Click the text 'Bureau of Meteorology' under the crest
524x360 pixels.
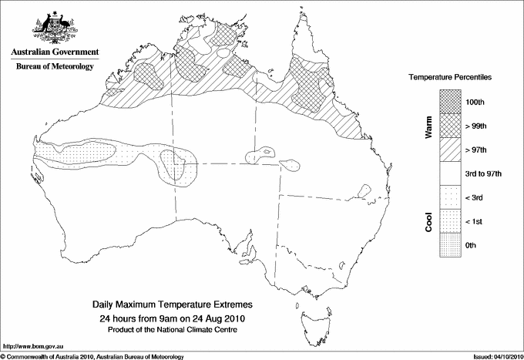coord(55,66)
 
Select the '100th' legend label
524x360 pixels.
coord(475,102)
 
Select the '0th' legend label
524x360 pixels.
coord(472,245)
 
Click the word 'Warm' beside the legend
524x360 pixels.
coord(429,126)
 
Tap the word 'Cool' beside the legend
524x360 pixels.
coord(429,221)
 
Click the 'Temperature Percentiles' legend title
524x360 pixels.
coord(451,78)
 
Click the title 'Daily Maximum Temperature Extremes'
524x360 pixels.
coord(173,305)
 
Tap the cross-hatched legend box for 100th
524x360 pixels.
coord(449,102)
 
